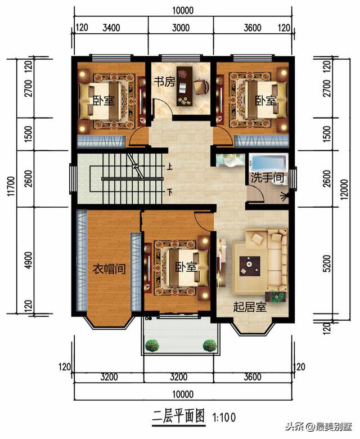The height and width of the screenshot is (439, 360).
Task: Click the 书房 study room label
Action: pyautogui.click(x=165, y=82)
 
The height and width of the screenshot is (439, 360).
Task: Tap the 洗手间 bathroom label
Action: pyautogui.click(x=267, y=177)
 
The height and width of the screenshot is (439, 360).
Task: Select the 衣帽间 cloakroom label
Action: pyautogui.click(x=109, y=269)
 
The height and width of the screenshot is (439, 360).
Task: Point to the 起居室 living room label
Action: pyautogui.click(x=250, y=307)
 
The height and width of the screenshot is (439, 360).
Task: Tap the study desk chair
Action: pyautogui.click(x=202, y=86)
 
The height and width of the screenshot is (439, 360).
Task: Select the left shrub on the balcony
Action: pyautogui.click(x=152, y=345)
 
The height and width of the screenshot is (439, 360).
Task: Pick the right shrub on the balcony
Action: pyautogui.click(x=209, y=345)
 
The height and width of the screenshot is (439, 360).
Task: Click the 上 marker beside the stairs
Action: pyautogui.click(x=169, y=167)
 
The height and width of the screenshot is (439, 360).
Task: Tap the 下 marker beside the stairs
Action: pyautogui.click(x=169, y=192)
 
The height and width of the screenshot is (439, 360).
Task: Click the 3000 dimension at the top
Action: pyautogui.click(x=181, y=28)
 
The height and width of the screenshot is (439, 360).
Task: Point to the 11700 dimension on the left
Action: pyautogui.click(x=11, y=186)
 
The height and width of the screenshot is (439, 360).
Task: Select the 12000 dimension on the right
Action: pyautogui.click(x=345, y=189)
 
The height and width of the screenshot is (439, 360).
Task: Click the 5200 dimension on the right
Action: pyautogui.click(x=327, y=263)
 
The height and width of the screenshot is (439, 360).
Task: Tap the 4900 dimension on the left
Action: pyautogui.click(x=28, y=261)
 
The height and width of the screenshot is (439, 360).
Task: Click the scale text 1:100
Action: pyautogui.click(x=224, y=418)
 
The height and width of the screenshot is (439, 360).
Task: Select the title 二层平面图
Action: pyautogui.click(x=178, y=416)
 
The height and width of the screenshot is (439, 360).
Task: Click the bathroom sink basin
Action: pyautogui.click(x=230, y=161)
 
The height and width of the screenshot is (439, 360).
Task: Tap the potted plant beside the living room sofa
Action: pyautogui.click(x=277, y=297)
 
